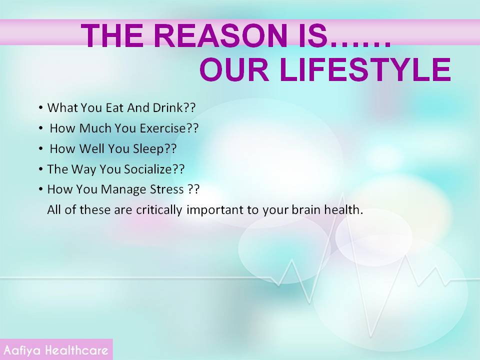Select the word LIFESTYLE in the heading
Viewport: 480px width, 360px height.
[x=365, y=70]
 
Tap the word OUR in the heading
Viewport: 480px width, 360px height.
[x=234, y=70]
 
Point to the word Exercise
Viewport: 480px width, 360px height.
[x=163, y=128]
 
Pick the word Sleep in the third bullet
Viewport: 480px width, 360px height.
[x=148, y=149]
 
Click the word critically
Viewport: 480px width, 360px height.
[x=159, y=210]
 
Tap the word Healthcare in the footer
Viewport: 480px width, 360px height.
[x=77, y=350]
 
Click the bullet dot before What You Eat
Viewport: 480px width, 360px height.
[x=40, y=108]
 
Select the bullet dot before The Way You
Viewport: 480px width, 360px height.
[x=40, y=169]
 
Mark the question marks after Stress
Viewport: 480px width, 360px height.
[x=193, y=189]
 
